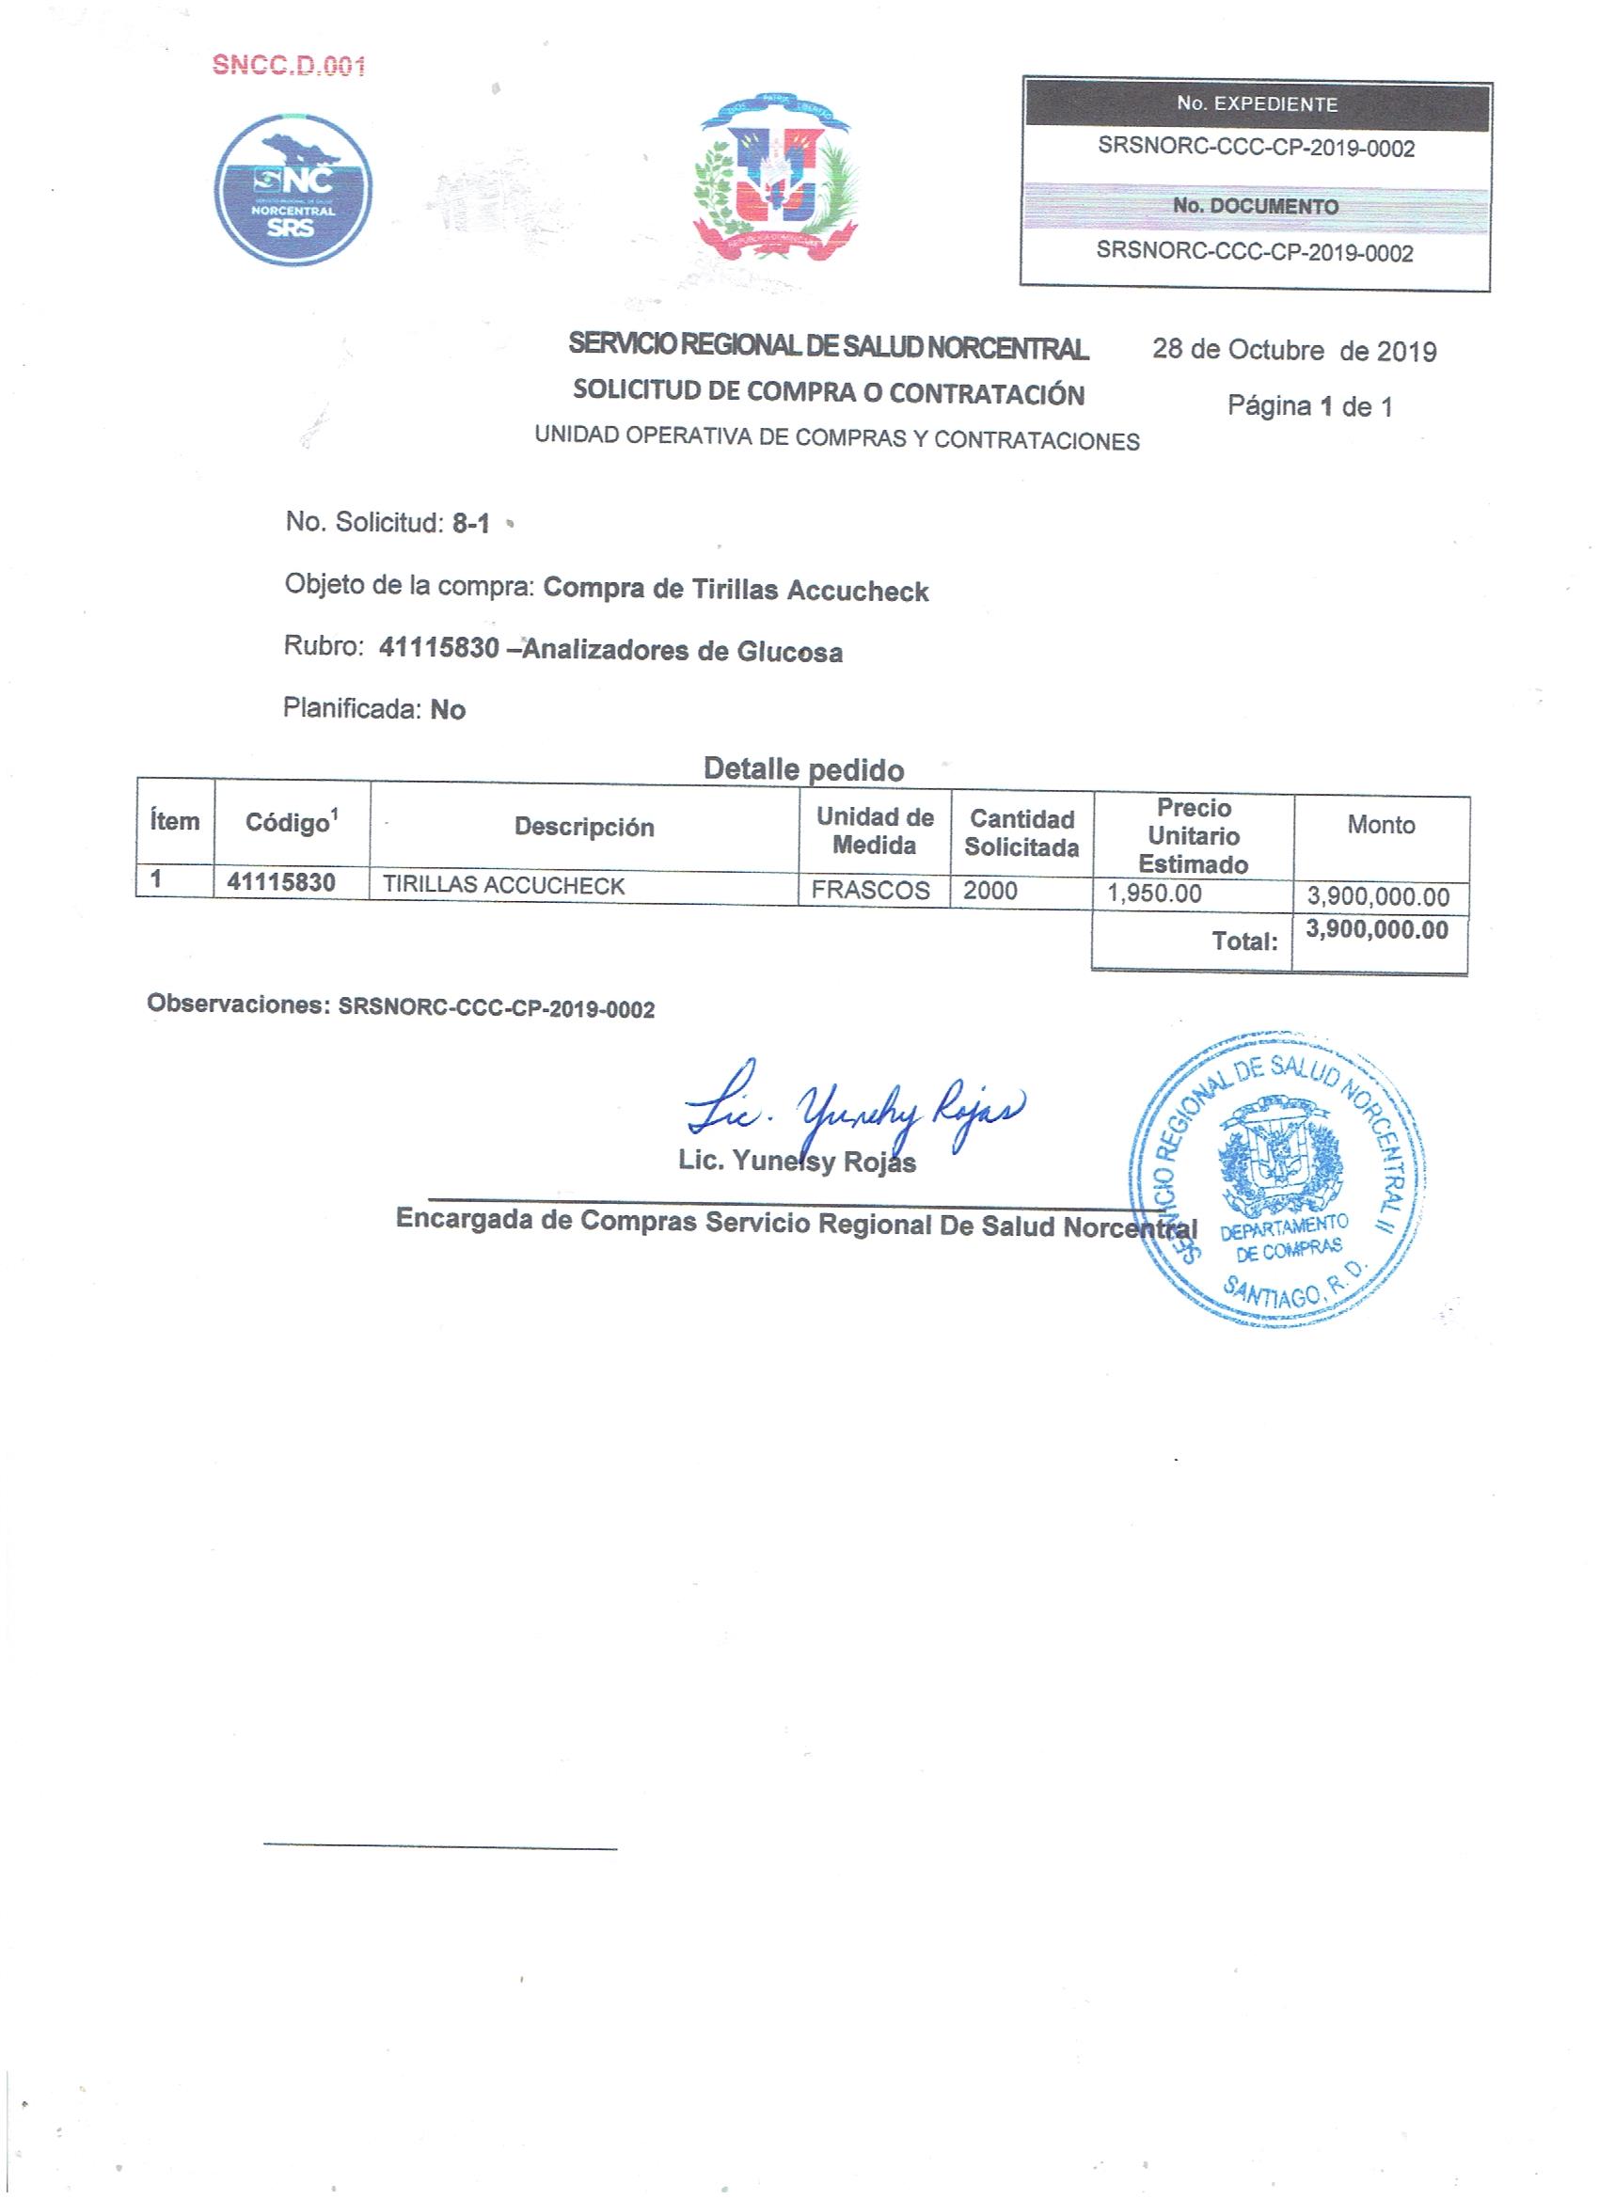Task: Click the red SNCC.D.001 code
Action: (289, 66)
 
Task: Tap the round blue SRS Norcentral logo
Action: (292, 190)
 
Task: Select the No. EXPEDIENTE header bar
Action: (1257, 104)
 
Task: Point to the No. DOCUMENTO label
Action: (1256, 207)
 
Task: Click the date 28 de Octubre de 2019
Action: (1293, 350)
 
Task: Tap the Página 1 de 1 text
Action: (1310, 406)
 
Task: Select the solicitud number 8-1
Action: (470, 524)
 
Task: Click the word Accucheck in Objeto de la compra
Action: (857, 591)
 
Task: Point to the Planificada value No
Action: (447, 710)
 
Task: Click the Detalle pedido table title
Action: (803, 770)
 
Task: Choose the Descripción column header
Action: (584, 827)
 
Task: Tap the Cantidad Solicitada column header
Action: (1021, 833)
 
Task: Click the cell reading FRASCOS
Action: (870, 890)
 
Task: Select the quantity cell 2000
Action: (990, 890)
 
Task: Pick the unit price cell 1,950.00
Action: (1154, 893)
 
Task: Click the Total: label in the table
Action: (1244, 941)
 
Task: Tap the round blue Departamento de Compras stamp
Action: (1279, 1180)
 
